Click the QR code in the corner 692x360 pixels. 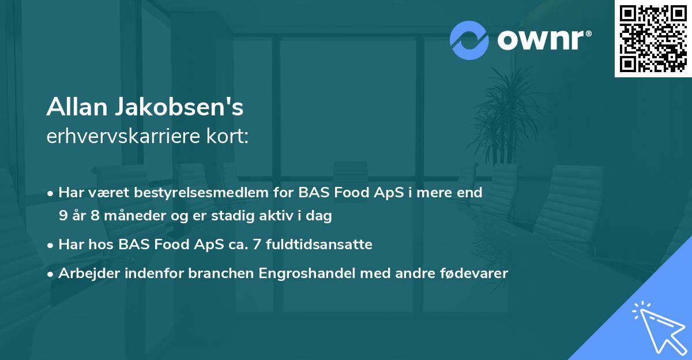click(x=653, y=39)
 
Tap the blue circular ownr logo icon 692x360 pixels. click(x=469, y=40)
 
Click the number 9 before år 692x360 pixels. click(x=63, y=216)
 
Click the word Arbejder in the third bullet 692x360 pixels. click(x=85, y=273)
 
